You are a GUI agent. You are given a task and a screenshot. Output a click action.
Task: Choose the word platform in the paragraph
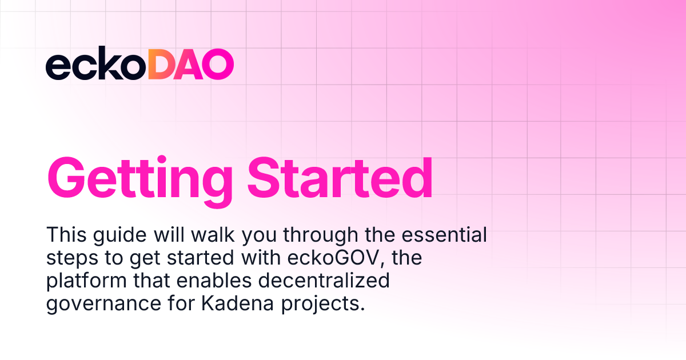85,282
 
